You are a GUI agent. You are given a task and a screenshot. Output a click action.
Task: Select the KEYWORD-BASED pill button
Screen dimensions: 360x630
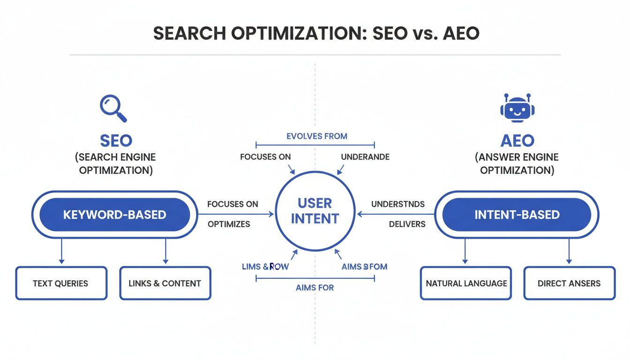(x=115, y=215)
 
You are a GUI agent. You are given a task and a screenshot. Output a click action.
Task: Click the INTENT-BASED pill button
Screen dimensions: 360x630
(x=517, y=215)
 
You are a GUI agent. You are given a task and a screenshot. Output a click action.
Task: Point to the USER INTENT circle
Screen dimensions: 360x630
(x=315, y=211)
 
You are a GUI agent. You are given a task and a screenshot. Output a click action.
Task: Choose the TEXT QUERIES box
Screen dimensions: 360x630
(x=61, y=283)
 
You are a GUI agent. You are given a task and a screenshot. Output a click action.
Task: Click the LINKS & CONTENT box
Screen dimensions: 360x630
(x=165, y=283)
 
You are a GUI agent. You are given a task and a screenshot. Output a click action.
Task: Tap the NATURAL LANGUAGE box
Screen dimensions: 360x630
(x=466, y=283)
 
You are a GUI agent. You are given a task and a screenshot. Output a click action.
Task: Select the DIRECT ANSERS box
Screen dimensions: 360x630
(x=569, y=283)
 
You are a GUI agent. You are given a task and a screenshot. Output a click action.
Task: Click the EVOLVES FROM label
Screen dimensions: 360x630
(x=316, y=136)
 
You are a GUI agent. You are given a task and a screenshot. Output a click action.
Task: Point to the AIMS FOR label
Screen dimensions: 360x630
(x=315, y=287)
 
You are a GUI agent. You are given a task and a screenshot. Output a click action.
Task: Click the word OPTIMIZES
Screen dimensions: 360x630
(x=229, y=224)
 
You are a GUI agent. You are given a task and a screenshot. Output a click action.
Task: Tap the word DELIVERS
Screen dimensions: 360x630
(x=407, y=224)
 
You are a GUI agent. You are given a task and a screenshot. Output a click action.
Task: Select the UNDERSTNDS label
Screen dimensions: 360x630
(x=397, y=204)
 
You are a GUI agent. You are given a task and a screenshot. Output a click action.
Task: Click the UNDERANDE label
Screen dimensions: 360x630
(x=365, y=157)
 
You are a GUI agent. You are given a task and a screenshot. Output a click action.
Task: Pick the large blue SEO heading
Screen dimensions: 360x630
(x=116, y=140)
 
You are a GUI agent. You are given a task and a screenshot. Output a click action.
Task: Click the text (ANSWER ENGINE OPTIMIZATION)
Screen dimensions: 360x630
(x=517, y=164)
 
